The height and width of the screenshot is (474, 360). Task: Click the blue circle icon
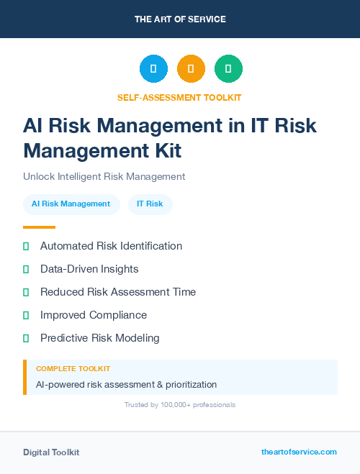pyautogui.click(x=153, y=68)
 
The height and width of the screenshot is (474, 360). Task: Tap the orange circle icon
pyautogui.click(x=191, y=68)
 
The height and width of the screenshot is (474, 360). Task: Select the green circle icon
pyautogui.click(x=228, y=68)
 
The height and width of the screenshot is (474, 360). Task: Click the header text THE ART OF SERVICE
pyautogui.click(x=180, y=19)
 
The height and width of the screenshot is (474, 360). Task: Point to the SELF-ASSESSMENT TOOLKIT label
pyautogui.click(x=179, y=97)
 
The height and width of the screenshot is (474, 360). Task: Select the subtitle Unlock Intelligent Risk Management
pyautogui.click(x=104, y=176)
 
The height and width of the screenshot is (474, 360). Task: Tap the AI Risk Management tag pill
pyautogui.click(x=71, y=204)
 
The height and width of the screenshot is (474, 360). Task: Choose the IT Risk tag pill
pyautogui.click(x=150, y=204)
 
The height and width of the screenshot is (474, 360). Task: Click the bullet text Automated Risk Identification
pyautogui.click(x=111, y=246)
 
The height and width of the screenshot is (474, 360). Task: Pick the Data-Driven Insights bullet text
pyautogui.click(x=89, y=269)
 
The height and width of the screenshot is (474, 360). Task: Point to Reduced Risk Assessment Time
pyautogui.click(x=118, y=292)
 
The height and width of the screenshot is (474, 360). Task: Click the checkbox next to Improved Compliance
pyautogui.click(x=26, y=315)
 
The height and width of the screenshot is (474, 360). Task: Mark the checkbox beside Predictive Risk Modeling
pyautogui.click(x=26, y=338)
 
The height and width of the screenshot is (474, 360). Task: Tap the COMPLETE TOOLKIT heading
pyautogui.click(x=73, y=369)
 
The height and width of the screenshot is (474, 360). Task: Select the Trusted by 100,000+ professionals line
pyautogui.click(x=180, y=405)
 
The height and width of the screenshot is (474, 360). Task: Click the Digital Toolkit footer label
pyautogui.click(x=51, y=452)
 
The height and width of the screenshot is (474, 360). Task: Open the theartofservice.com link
pyautogui.click(x=299, y=452)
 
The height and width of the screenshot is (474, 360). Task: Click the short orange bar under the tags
pyautogui.click(x=39, y=227)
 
